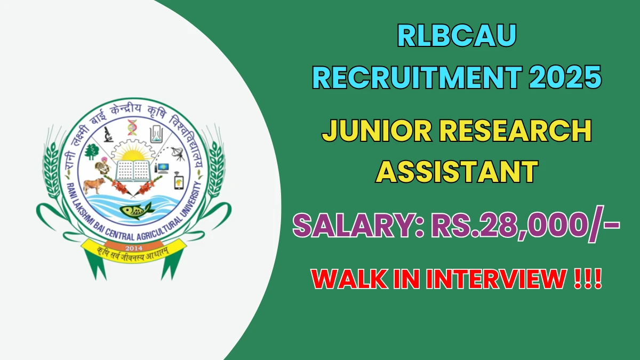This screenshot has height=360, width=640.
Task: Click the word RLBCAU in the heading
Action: click(x=457, y=35)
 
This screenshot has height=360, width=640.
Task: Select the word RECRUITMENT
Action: click(x=417, y=77)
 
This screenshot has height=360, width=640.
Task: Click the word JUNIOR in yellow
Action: click(x=377, y=131)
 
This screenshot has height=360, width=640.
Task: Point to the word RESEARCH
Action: click(x=515, y=131)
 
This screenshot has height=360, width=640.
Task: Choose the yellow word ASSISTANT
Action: click(x=457, y=171)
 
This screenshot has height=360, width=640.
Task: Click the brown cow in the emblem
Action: click(x=94, y=185)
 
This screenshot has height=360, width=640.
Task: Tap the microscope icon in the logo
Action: click(x=108, y=134)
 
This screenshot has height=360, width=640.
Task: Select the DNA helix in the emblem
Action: click(x=132, y=127)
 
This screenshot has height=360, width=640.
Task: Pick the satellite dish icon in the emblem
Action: click(x=178, y=154)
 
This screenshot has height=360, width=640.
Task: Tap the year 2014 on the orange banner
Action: click(x=134, y=248)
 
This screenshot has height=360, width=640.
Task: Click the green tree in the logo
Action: click(x=91, y=151)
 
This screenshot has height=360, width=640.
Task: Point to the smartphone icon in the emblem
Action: click(x=179, y=181)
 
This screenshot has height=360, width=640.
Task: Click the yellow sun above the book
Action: click(x=132, y=155)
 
